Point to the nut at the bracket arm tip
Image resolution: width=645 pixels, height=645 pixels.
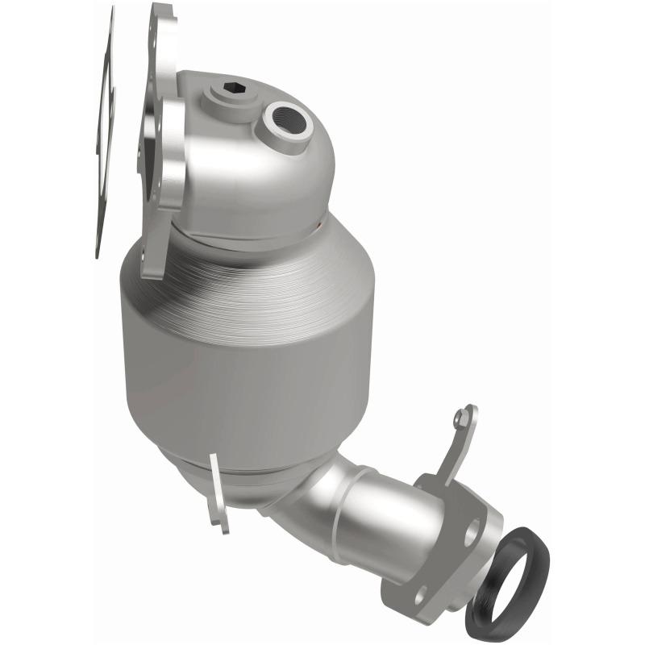[460, 418]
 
